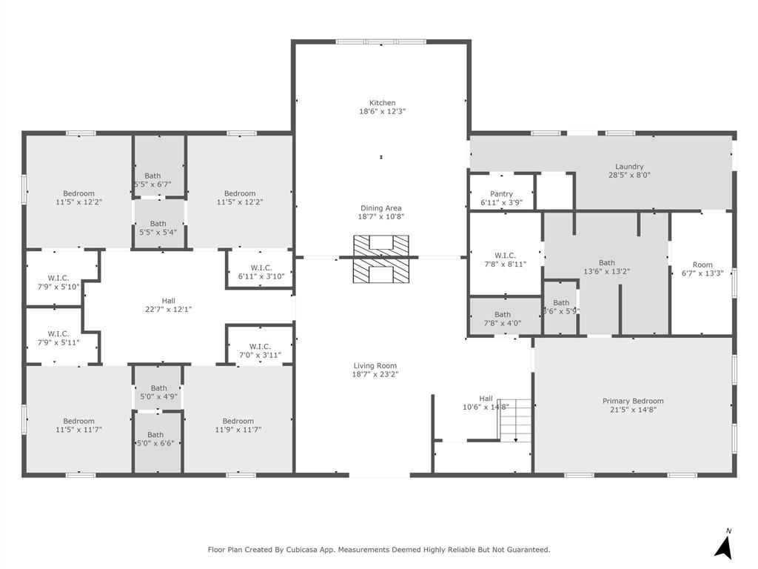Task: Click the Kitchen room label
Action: (382, 103)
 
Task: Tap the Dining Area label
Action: (381, 208)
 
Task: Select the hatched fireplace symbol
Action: (381, 259)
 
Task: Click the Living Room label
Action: (375, 365)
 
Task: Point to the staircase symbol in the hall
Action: (515, 419)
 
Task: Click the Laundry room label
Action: (629, 167)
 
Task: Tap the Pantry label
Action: (501, 194)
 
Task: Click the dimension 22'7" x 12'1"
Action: (169, 309)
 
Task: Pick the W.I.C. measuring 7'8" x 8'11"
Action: (506, 259)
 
